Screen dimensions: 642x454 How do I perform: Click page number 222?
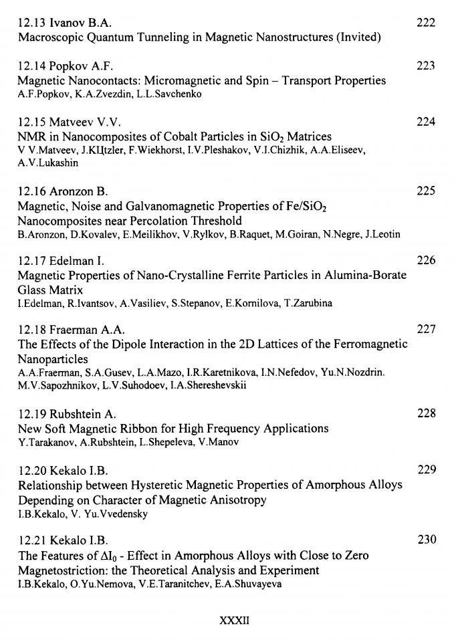coord(425,23)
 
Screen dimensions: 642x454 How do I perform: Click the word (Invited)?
coord(356,37)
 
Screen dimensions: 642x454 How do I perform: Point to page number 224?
coord(425,122)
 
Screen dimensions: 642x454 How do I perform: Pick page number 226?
coord(425,261)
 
